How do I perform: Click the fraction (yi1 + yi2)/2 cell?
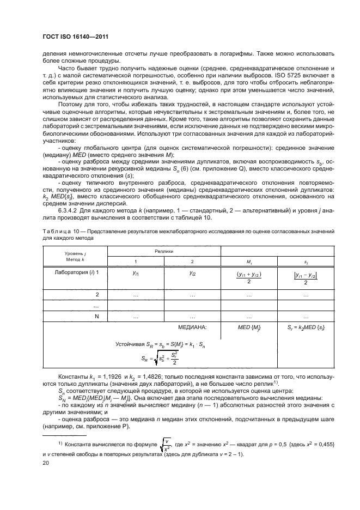pyautogui.click(x=249, y=276)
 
